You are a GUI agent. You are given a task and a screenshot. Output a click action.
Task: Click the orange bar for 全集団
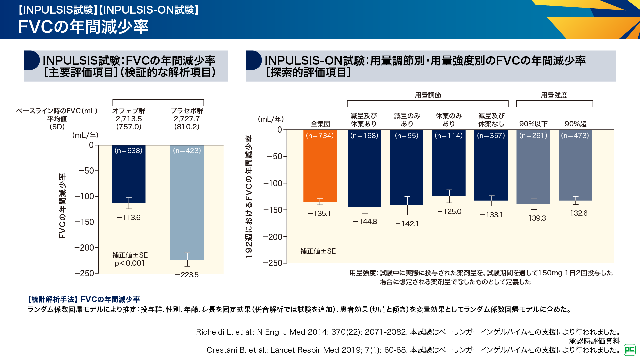(320, 167)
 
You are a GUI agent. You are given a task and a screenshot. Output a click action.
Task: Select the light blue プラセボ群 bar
(187, 203)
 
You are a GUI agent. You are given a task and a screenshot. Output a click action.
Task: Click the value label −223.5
(187, 275)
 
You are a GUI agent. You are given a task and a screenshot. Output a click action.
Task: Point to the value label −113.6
(129, 218)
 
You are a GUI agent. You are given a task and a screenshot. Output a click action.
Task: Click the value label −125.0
(449, 212)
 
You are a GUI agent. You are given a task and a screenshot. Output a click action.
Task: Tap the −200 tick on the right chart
(273, 237)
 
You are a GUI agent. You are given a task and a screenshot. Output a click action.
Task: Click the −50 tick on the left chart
(87, 171)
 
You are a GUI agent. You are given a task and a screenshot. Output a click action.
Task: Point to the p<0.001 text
(130, 263)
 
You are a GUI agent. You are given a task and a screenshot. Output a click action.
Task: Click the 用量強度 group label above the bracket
(554, 95)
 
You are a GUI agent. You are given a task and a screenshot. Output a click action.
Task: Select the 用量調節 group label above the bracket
(428, 95)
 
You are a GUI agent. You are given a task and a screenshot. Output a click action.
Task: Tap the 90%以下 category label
(533, 124)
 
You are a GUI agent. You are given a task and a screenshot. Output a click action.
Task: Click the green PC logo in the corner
(630, 350)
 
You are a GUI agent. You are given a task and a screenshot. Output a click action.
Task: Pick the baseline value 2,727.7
(187, 119)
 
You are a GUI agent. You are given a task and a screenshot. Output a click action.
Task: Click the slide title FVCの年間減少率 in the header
(83, 27)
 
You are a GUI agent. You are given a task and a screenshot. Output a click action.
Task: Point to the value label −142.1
(407, 224)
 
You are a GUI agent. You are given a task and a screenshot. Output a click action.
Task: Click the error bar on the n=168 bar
(365, 207)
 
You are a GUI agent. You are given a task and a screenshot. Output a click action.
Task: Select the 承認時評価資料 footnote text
(594, 341)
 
